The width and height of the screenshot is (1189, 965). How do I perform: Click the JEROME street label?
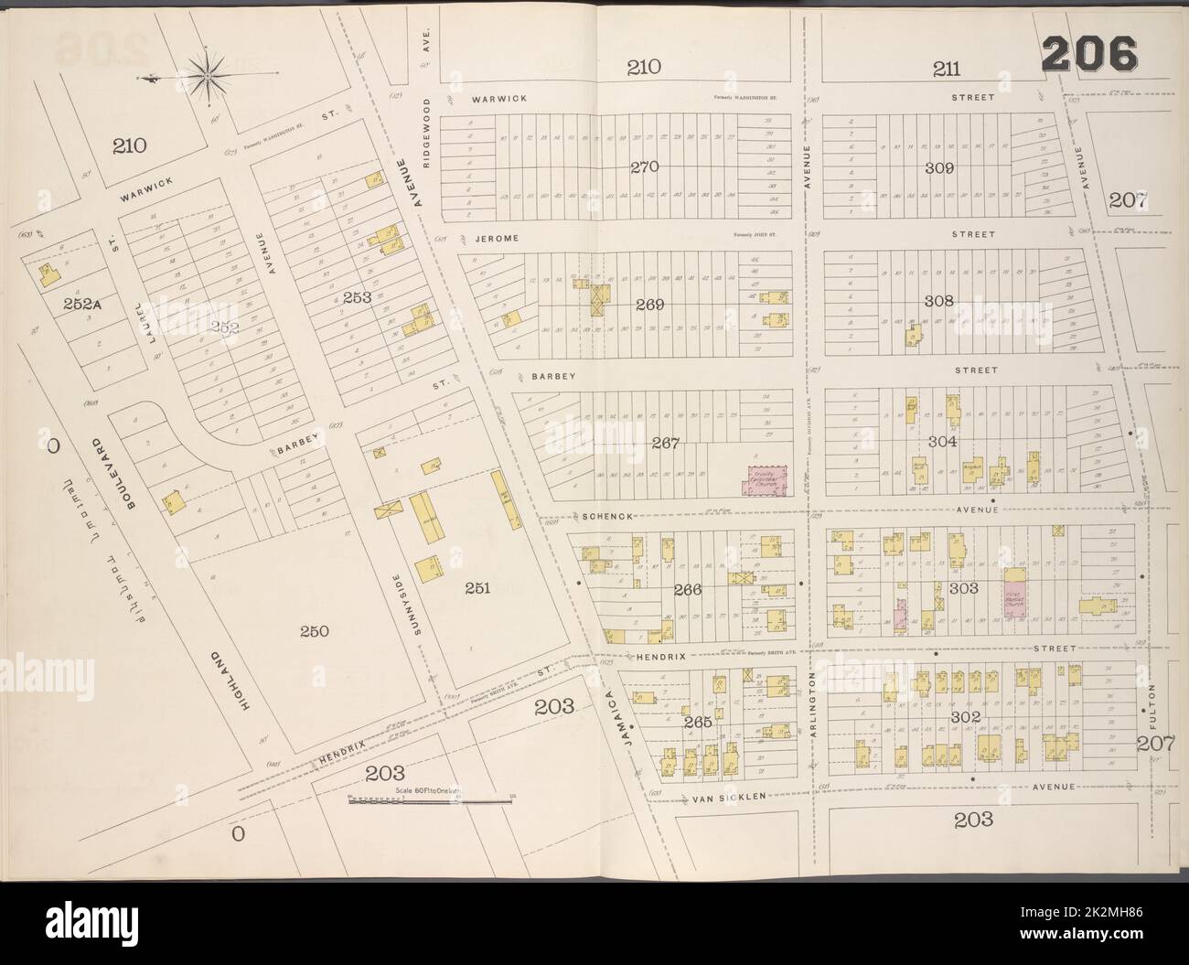[497, 238]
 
